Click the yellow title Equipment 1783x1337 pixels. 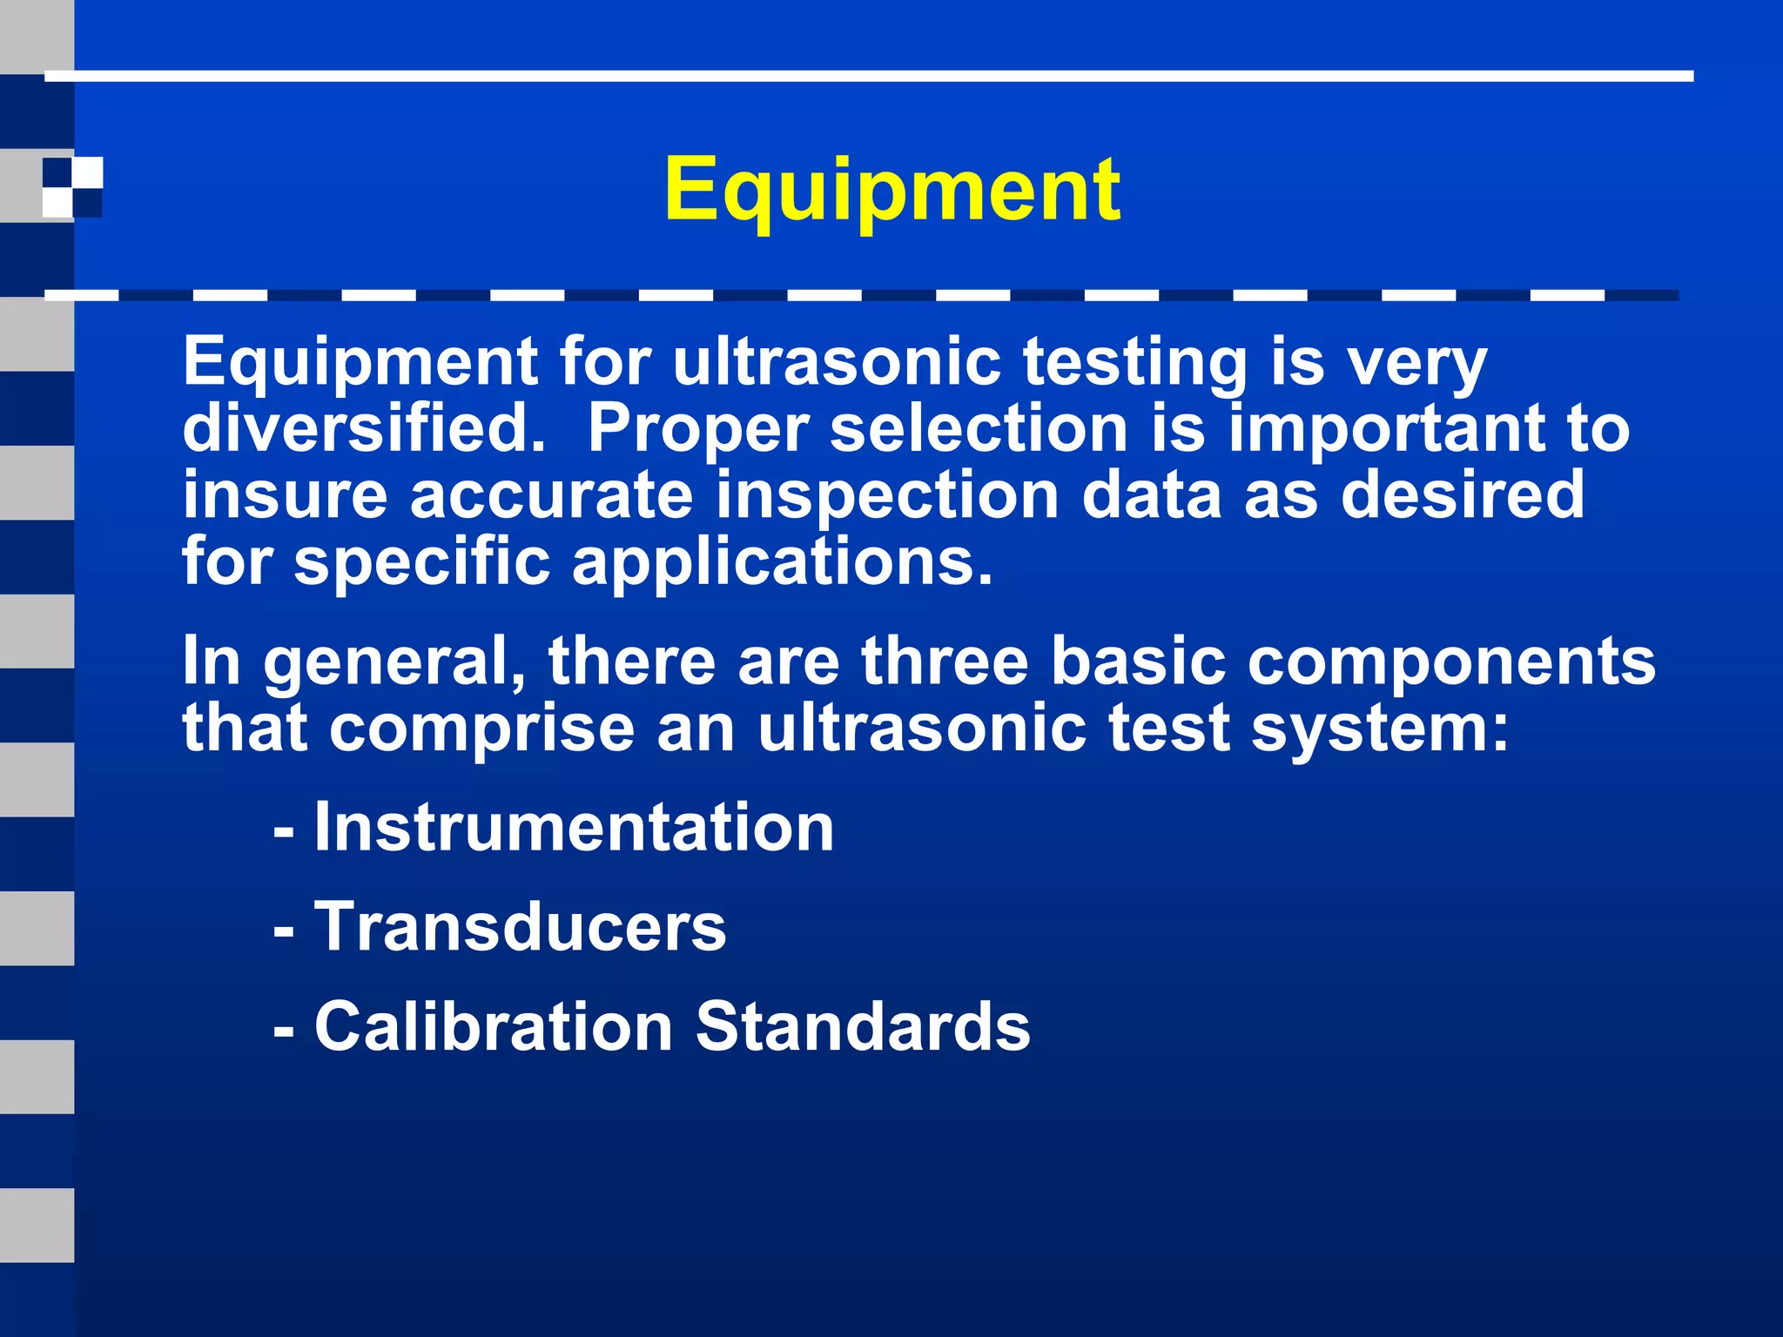point(891,190)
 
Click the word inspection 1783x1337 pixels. point(888,496)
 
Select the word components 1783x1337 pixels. point(1451,662)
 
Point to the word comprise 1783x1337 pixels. point(481,729)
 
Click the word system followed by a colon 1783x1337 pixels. point(1379,729)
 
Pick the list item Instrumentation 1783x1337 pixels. point(574,827)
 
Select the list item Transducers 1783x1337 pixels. point(520,927)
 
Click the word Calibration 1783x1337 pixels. point(494,1026)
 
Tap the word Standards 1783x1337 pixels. point(863,1026)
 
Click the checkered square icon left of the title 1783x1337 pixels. point(72,187)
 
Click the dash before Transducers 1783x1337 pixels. point(283,930)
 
